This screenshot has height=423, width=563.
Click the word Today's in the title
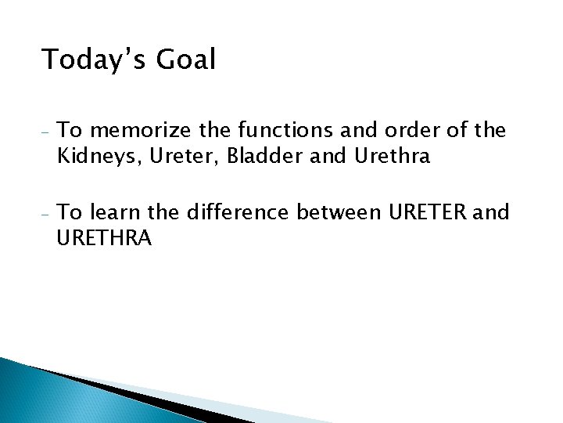pos(91,60)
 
